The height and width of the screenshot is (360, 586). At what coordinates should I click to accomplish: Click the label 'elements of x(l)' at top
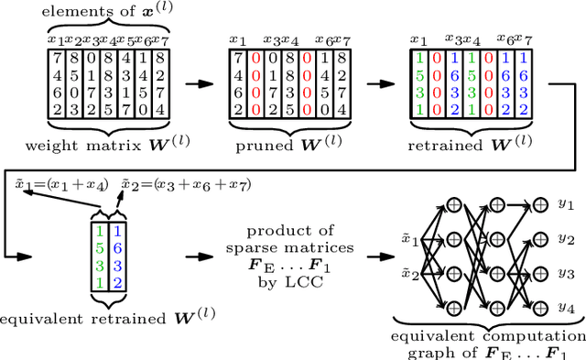107,10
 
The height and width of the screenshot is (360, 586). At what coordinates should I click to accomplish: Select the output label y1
567,203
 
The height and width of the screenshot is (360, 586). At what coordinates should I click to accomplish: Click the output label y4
567,305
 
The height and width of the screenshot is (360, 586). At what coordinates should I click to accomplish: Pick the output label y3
567,272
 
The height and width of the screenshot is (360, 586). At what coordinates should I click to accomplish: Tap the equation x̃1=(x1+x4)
50,184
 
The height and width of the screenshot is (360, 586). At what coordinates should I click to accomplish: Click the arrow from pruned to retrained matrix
375,83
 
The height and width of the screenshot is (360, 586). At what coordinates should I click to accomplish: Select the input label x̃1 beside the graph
411,242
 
